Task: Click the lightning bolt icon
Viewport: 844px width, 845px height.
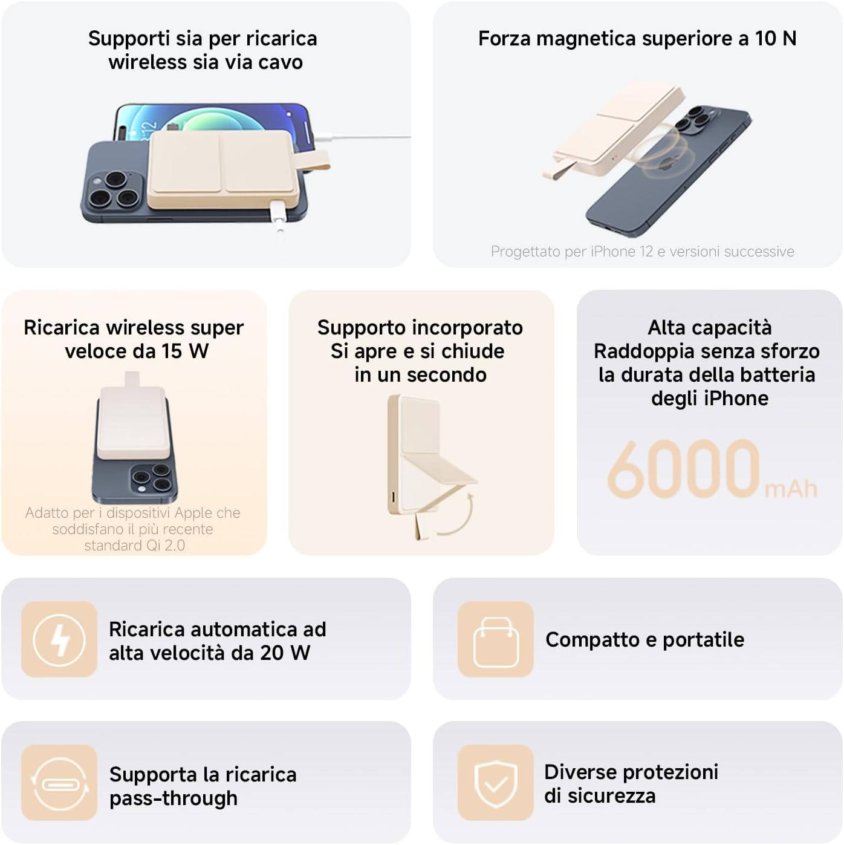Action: click(59, 639)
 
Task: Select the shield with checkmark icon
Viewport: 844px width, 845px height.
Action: click(496, 785)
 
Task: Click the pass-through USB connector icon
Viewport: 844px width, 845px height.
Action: click(60, 784)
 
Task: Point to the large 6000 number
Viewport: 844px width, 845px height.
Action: click(684, 469)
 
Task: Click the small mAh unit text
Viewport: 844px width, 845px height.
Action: click(791, 489)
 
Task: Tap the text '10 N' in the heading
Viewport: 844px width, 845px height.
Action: click(776, 39)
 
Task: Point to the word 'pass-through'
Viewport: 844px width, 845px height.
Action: click(174, 798)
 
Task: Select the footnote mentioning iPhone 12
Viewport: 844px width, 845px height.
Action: click(642, 252)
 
